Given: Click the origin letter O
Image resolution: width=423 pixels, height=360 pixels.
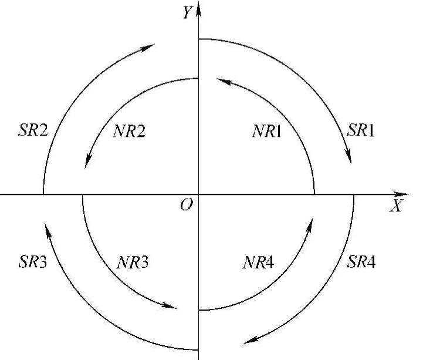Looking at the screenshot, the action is click(x=187, y=206).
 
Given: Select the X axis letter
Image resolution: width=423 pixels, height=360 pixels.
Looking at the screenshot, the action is click(x=398, y=206).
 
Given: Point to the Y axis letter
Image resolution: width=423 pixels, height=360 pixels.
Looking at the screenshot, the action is click(x=187, y=12).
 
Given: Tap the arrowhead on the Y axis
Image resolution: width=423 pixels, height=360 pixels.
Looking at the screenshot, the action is click(x=199, y=9).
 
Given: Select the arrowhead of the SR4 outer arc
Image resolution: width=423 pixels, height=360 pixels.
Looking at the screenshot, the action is click(x=250, y=341).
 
